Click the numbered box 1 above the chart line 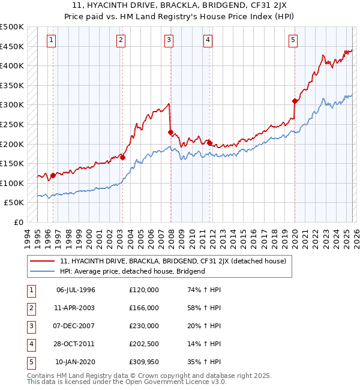click(x=51, y=40)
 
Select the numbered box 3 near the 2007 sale click(x=169, y=40)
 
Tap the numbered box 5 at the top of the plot click(x=293, y=40)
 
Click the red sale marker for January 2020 click(x=295, y=101)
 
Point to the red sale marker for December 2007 click(x=171, y=132)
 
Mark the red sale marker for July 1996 click(x=53, y=175)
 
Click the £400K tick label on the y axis click(x=12, y=65)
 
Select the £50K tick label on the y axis click(x=14, y=203)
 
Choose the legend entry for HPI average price click(x=133, y=271)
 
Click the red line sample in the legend click(x=42, y=261)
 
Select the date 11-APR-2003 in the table click(x=76, y=308)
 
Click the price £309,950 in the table click(x=144, y=362)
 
